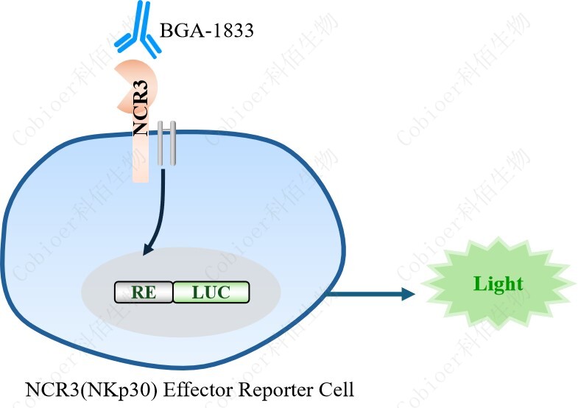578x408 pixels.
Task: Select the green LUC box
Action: [x=211, y=292]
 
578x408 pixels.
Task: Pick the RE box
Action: [x=143, y=292]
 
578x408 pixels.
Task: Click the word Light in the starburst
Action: [x=498, y=284]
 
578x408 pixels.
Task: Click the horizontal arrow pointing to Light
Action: [x=368, y=295]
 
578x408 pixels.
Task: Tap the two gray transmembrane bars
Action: [x=167, y=144]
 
